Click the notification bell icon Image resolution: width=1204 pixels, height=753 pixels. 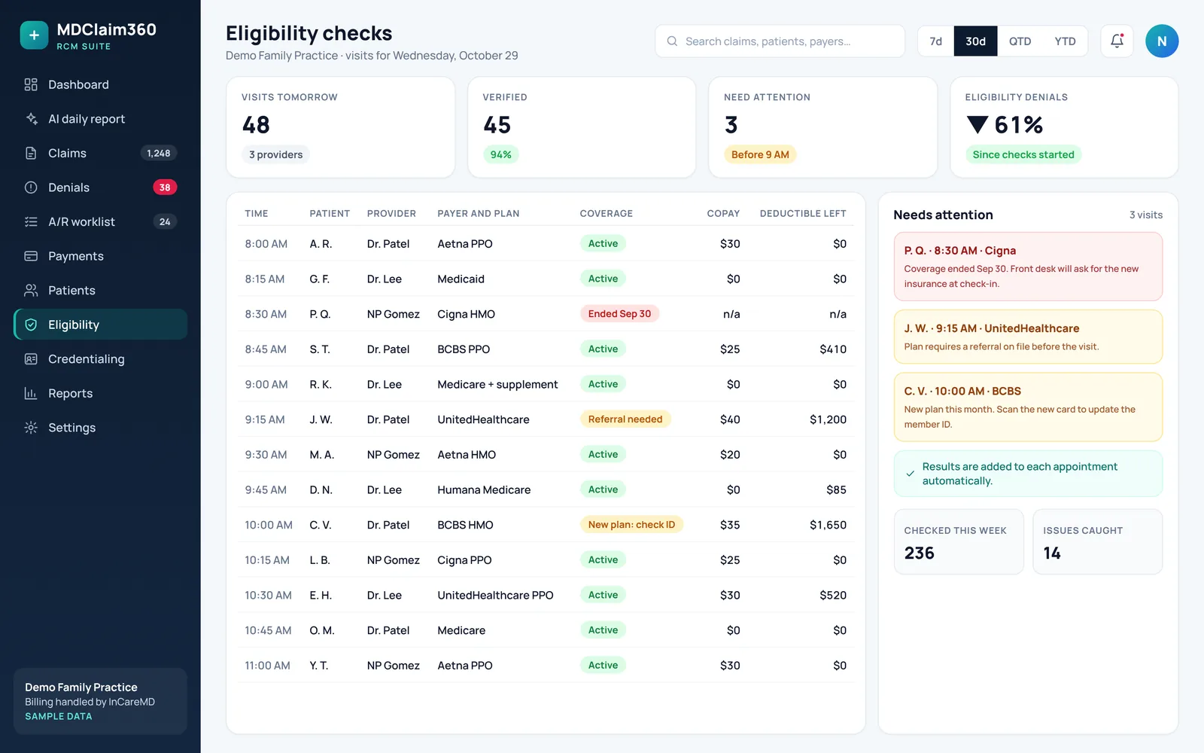[x=1117, y=41]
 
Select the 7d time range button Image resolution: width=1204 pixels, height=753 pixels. [x=936, y=41]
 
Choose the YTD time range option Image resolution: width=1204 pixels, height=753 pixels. [x=1065, y=41]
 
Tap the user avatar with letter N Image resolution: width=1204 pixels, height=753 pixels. [x=1162, y=41]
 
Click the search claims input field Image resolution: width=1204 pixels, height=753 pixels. [x=780, y=41]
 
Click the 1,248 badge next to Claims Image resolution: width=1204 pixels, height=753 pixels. [x=159, y=154]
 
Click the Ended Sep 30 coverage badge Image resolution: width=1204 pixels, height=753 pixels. [x=619, y=313]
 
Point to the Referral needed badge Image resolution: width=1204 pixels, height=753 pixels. [x=625, y=419]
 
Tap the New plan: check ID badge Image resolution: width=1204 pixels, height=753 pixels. [x=631, y=524]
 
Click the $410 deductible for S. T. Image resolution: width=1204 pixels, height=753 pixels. [x=832, y=349]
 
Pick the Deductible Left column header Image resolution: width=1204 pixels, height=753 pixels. [x=802, y=214]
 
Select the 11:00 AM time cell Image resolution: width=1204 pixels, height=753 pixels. [x=267, y=666]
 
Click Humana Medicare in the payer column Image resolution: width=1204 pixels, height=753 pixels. [x=484, y=489]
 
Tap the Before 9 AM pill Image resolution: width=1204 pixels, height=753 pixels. [x=760, y=154]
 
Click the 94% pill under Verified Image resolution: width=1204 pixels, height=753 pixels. [x=500, y=154]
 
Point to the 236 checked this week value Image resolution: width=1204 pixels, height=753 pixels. [x=919, y=553]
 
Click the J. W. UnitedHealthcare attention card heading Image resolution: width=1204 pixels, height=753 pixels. [x=992, y=328]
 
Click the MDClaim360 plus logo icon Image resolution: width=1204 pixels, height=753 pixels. [x=34, y=35]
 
